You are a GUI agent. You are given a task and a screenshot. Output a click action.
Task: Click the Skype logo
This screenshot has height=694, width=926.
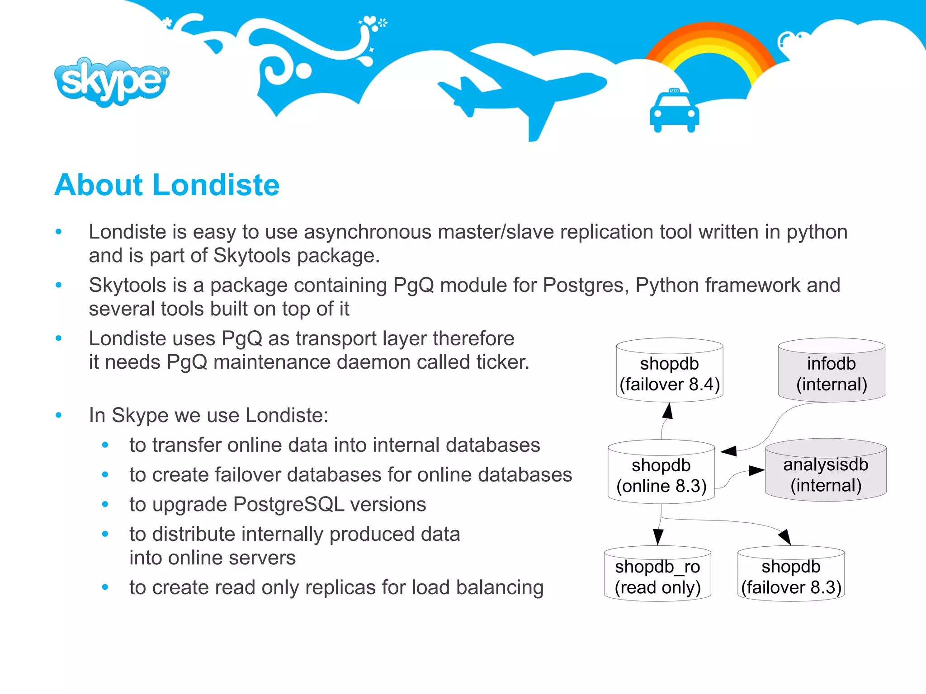point(111,82)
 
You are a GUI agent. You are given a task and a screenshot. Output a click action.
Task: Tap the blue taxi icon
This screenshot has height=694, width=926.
point(674,112)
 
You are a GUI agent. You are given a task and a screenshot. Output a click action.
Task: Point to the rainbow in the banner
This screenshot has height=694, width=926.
point(710,50)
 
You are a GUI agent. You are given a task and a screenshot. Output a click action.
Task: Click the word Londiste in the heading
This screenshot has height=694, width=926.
point(216,185)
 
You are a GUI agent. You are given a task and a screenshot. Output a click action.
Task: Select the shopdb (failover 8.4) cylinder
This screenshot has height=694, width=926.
point(669,370)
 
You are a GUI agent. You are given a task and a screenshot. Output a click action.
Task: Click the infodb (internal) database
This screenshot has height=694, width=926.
point(831,370)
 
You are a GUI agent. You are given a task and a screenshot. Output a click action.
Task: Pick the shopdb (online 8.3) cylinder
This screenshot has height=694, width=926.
point(661,472)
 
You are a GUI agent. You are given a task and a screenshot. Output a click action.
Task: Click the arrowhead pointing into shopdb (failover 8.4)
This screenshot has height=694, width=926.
point(668,411)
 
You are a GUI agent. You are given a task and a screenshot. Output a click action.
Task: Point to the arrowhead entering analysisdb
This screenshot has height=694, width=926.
point(756,470)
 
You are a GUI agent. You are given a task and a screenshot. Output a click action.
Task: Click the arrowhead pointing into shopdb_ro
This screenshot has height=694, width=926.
point(658,537)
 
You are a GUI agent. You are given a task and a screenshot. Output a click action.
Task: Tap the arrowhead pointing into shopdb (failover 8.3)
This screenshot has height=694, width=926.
point(785,537)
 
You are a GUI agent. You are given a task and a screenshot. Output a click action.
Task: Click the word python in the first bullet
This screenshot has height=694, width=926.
point(817,232)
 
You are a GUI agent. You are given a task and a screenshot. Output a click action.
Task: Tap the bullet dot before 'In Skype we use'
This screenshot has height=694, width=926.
point(58,415)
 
